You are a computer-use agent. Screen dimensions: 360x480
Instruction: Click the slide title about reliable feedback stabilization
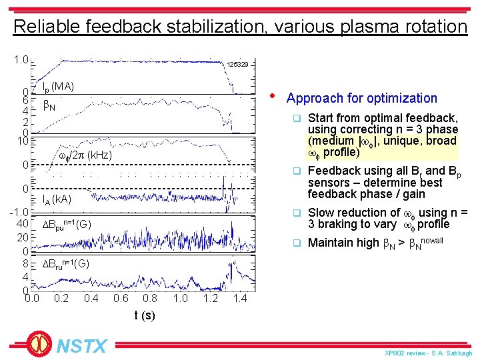pyautogui.click(x=240, y=27)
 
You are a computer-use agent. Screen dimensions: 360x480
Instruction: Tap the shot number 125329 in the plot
pyautogui.click(x=237, y=65)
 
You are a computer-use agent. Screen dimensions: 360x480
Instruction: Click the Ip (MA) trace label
pyautogui.click(x=58, y=87)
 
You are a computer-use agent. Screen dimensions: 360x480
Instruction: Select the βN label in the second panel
pyautogui.click(x=49, y=105)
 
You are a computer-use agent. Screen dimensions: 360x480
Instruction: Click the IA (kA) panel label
pyautogui.click(x=57, y=199)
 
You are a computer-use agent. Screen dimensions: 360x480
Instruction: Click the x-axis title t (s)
pyautogui.click(x=145, y=315)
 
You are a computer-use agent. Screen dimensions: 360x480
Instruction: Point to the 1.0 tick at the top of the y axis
pyautogui.click(x=21, y=60)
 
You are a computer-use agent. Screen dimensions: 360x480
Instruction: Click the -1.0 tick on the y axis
pyautogui.click(x=18, y=212)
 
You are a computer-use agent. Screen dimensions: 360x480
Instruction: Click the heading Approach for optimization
pyautogui.click(x=361, y=98)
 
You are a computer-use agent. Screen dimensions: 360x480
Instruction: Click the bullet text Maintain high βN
pyautogui.click(x=375, y=243)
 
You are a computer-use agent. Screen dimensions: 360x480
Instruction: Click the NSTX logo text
pyautogui.click(x=81, y=346)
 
